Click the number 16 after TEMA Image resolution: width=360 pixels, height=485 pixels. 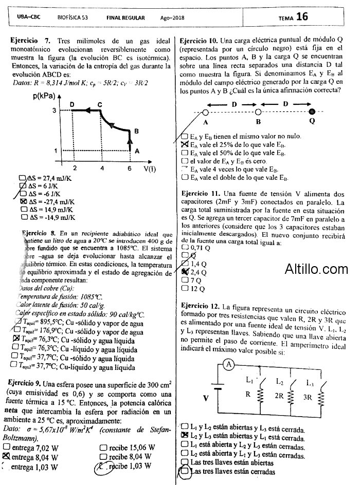coord(302,17)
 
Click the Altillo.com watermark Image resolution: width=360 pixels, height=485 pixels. coord(316,269)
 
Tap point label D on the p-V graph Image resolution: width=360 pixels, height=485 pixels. coord(72,105)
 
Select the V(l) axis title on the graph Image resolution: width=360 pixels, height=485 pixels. coord(151,168)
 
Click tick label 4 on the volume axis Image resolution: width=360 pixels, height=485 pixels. coord(102,168)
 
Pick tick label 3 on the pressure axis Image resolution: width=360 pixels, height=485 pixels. coord(53,111)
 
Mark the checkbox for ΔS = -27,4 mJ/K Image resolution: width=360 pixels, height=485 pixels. coord(23,202)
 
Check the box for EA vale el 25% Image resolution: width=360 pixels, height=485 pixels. coord(185,145)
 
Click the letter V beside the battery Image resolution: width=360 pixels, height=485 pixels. coord(206,398)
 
